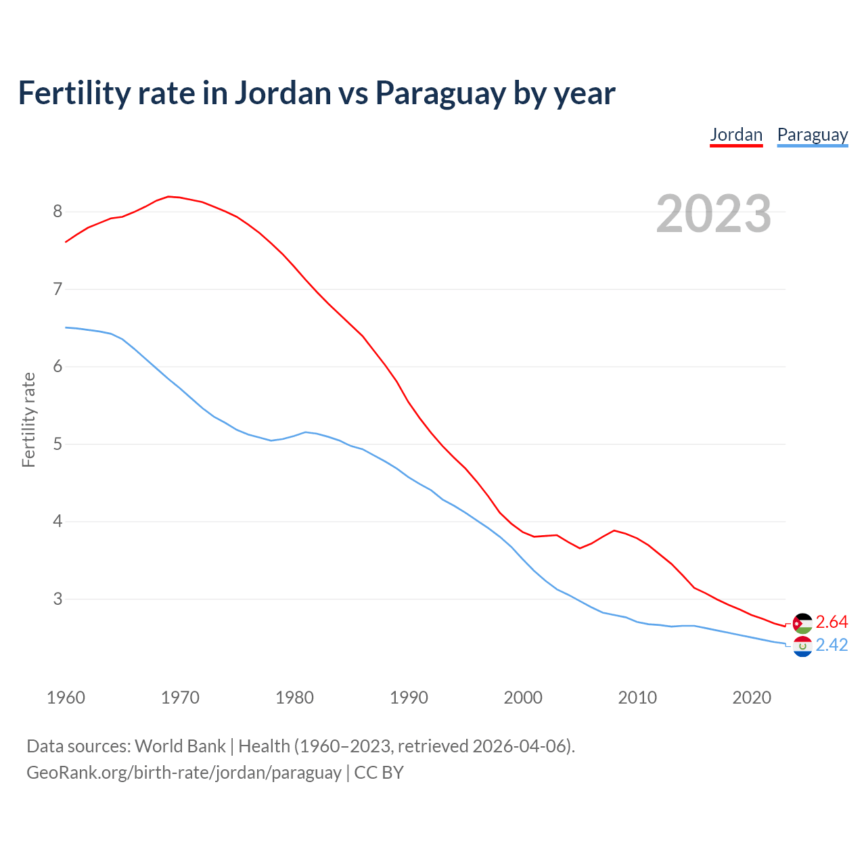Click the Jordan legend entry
click(x=736, y=135)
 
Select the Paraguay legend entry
click(x=812, y=135)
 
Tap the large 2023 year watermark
click(x=713, y=214)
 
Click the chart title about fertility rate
click(x=316, y=93)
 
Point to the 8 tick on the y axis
click(x=58, y=212)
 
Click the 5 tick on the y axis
click(x=58, y=445)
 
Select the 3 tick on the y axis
click(x=58, y=599)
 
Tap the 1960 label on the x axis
click(x=66, y=698)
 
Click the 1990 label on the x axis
click(x=409, y=698)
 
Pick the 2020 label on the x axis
click(x=752, y=698)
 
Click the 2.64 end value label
click(x=831, y=622)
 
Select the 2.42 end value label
click(x=831, y=645)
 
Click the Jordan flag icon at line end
click(x=802, y=623)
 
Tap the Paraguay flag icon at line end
click(x=802, y=647)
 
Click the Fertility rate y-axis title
click(x=28, y=419)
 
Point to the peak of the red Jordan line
click(x=168, y=196)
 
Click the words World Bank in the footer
click(x=180, y=746)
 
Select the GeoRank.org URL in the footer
click(x=183, y=773)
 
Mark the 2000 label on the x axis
click(x=523, y=698)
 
